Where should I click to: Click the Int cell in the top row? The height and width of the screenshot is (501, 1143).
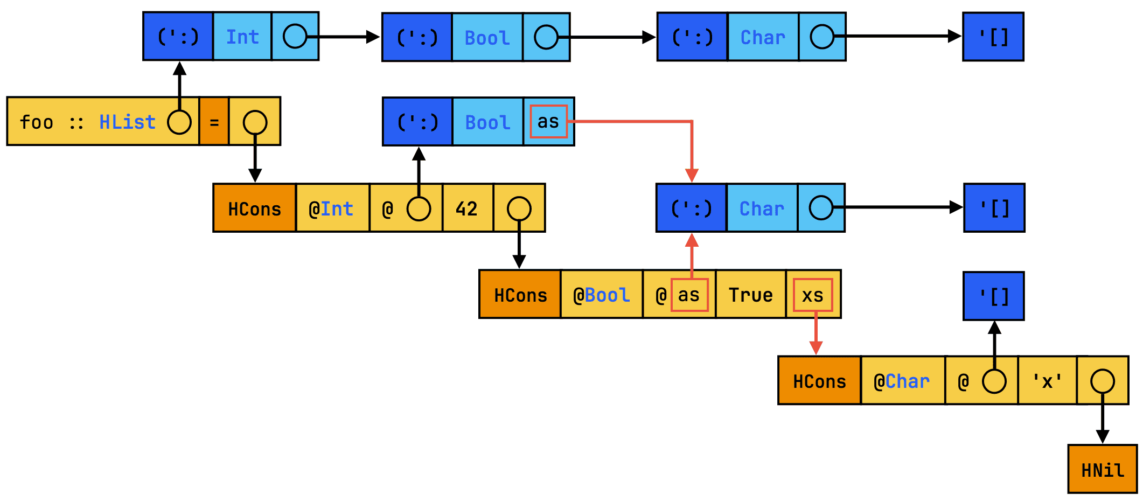point(242,37)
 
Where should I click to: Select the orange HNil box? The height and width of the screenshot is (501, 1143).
point(1102,469)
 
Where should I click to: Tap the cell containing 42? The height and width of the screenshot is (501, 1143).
point(467,208)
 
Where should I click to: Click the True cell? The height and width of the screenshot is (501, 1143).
point(750,295)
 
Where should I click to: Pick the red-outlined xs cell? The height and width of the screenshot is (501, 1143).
point(813,295)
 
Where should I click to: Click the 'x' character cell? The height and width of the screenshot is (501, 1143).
point(1047,381)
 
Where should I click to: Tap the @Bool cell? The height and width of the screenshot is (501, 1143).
point(601,295)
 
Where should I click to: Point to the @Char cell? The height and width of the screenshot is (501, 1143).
point(902,381)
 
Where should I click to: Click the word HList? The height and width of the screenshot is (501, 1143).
point(127,122)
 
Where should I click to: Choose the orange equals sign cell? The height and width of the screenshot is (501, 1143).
point(214,122)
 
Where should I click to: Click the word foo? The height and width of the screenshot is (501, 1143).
point(37,122)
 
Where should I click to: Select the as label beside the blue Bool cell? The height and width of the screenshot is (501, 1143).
point(548,122)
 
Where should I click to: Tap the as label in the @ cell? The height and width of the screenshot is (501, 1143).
point(689,295)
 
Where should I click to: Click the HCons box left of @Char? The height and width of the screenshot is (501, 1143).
point(819,381)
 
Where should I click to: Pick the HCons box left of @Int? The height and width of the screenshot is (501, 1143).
point(254,208)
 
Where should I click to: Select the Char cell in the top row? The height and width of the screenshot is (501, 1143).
point(763,37)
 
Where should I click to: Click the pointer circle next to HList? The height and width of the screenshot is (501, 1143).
point(179,122)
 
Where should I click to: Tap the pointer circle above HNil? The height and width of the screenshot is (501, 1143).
point(1102,381)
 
